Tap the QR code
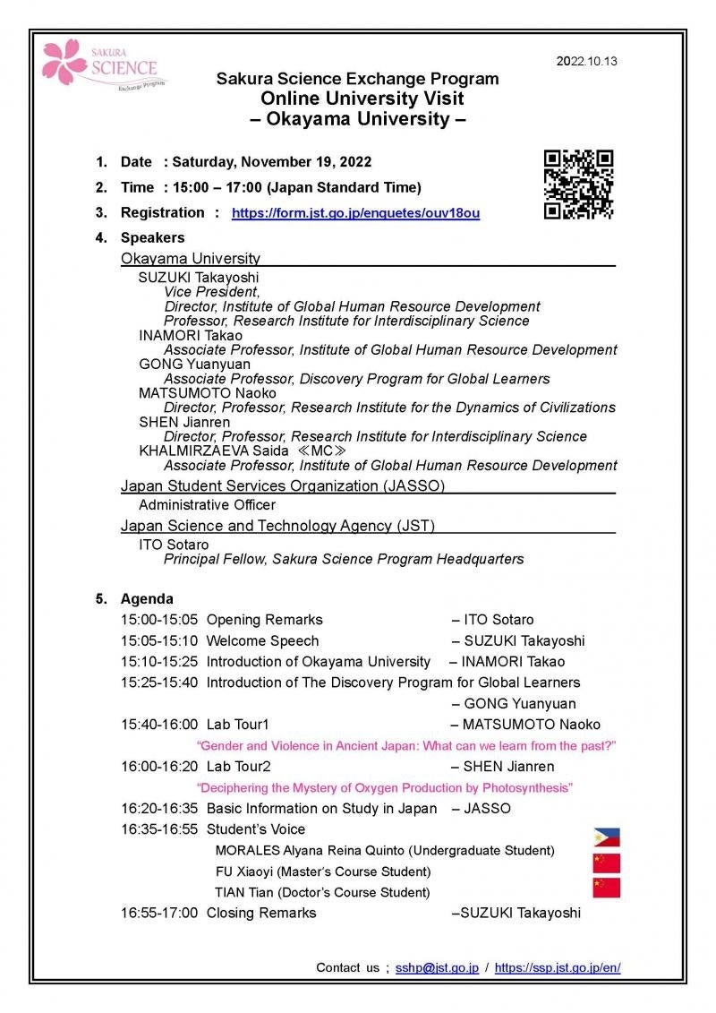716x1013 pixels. click(579, 185)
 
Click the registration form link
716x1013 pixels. click(355, 213)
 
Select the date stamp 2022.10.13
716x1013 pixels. click(586, 62)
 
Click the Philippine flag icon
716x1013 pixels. click(606, 837)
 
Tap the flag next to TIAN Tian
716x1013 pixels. click(606, 888)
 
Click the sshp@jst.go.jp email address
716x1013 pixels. click(437, 967)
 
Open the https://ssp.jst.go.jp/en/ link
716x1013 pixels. click(557, 967)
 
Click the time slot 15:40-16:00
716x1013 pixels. click(160, 725)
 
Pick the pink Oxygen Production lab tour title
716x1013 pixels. click(385, 787)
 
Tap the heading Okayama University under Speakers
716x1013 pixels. click(191, 258)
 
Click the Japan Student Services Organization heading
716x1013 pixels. click(283, 485)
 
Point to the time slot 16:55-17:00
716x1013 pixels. click(160, 913)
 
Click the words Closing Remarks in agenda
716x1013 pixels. click(261, 913)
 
